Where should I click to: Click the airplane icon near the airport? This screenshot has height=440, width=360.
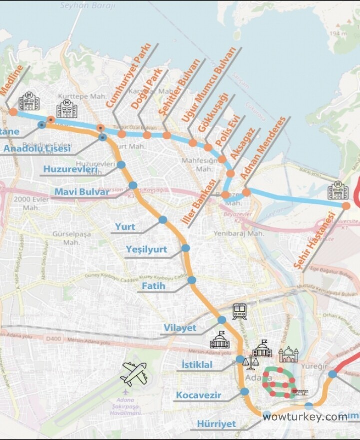(x=134, y=373)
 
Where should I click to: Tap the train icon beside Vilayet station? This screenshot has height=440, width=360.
(x=239, y=312)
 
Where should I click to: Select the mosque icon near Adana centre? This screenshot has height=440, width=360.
(x=288, y=355)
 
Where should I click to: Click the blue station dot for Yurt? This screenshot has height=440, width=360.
(x=163, y=220)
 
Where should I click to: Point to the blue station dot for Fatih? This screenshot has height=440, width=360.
(x=192, y=280)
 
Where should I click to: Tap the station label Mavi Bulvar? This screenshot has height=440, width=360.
(x=81, y=192)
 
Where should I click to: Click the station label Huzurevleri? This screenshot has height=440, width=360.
(x=70, y=169)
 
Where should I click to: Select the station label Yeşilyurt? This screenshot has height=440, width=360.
(x=146, y=249)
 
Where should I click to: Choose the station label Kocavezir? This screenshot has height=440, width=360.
(x=198, y=395)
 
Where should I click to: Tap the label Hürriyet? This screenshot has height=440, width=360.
(x=216, y=424)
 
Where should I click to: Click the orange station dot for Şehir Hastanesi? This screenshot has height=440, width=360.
(x=346, y=206)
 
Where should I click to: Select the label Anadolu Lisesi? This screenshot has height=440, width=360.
(x=37, y=148)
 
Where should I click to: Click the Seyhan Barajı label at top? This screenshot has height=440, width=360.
(x=87, y=6)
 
